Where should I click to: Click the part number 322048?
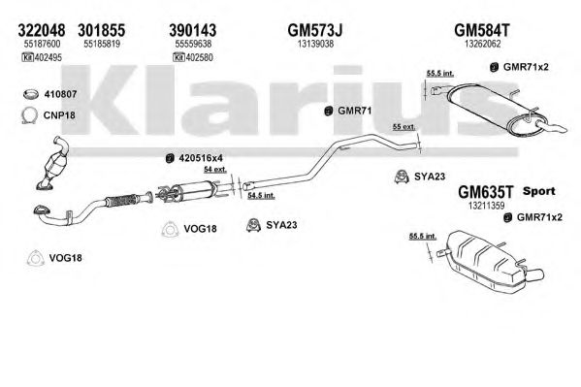point(41,30)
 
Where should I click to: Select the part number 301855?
point(101,30)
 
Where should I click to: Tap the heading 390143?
point(193,30)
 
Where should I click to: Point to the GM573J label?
point(315,30)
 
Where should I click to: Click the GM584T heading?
point(482,30)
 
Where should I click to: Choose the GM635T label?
point(486,192)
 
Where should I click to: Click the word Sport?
point(538,192)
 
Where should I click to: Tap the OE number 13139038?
point(315,44)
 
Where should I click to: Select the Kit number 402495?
point(48,57)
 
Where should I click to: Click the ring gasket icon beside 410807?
point(31,94)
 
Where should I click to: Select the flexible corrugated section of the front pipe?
point(121,201)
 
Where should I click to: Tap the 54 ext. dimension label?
point(215,170)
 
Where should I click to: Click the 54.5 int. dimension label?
point(261,195)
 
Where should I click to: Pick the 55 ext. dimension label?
point(403,127)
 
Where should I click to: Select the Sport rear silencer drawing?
point(489,261)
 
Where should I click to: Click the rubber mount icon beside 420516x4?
point(170,158)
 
